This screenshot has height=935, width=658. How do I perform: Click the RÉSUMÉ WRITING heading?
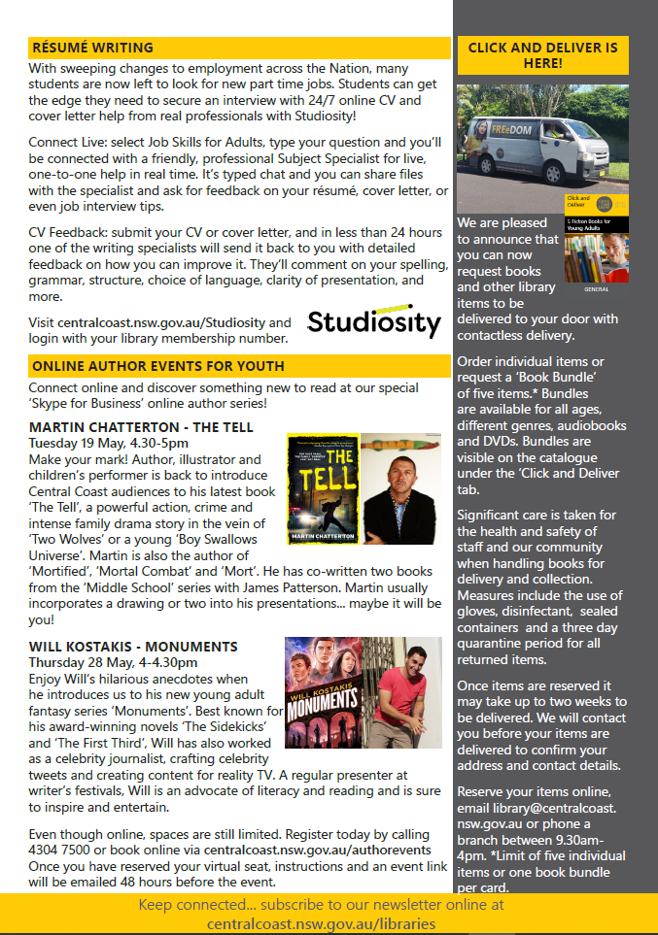(x=91, y=48)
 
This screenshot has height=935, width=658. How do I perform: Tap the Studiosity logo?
(x=374, y=320)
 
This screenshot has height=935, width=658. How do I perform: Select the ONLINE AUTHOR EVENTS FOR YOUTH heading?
(x=157, y=366)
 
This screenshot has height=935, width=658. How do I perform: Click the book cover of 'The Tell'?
(x=321, y=488)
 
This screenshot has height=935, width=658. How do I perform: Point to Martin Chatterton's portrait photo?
(x=400, y=488)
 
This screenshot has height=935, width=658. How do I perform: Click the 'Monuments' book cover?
(x=319, y=692)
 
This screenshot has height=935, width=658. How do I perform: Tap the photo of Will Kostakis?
(x=399, y=692)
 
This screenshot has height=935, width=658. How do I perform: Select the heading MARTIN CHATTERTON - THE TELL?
(x=141, y=427)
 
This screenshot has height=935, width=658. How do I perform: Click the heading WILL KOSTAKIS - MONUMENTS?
(x=133, y=647)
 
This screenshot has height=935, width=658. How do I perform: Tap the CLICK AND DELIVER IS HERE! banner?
(x=542, y=55)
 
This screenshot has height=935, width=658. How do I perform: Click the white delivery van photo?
(x=542, y=147)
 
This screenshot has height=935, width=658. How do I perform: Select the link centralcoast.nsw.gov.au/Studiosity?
(x=160, y=322)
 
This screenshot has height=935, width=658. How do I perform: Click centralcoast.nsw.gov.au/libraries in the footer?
(x=321, y=923)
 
